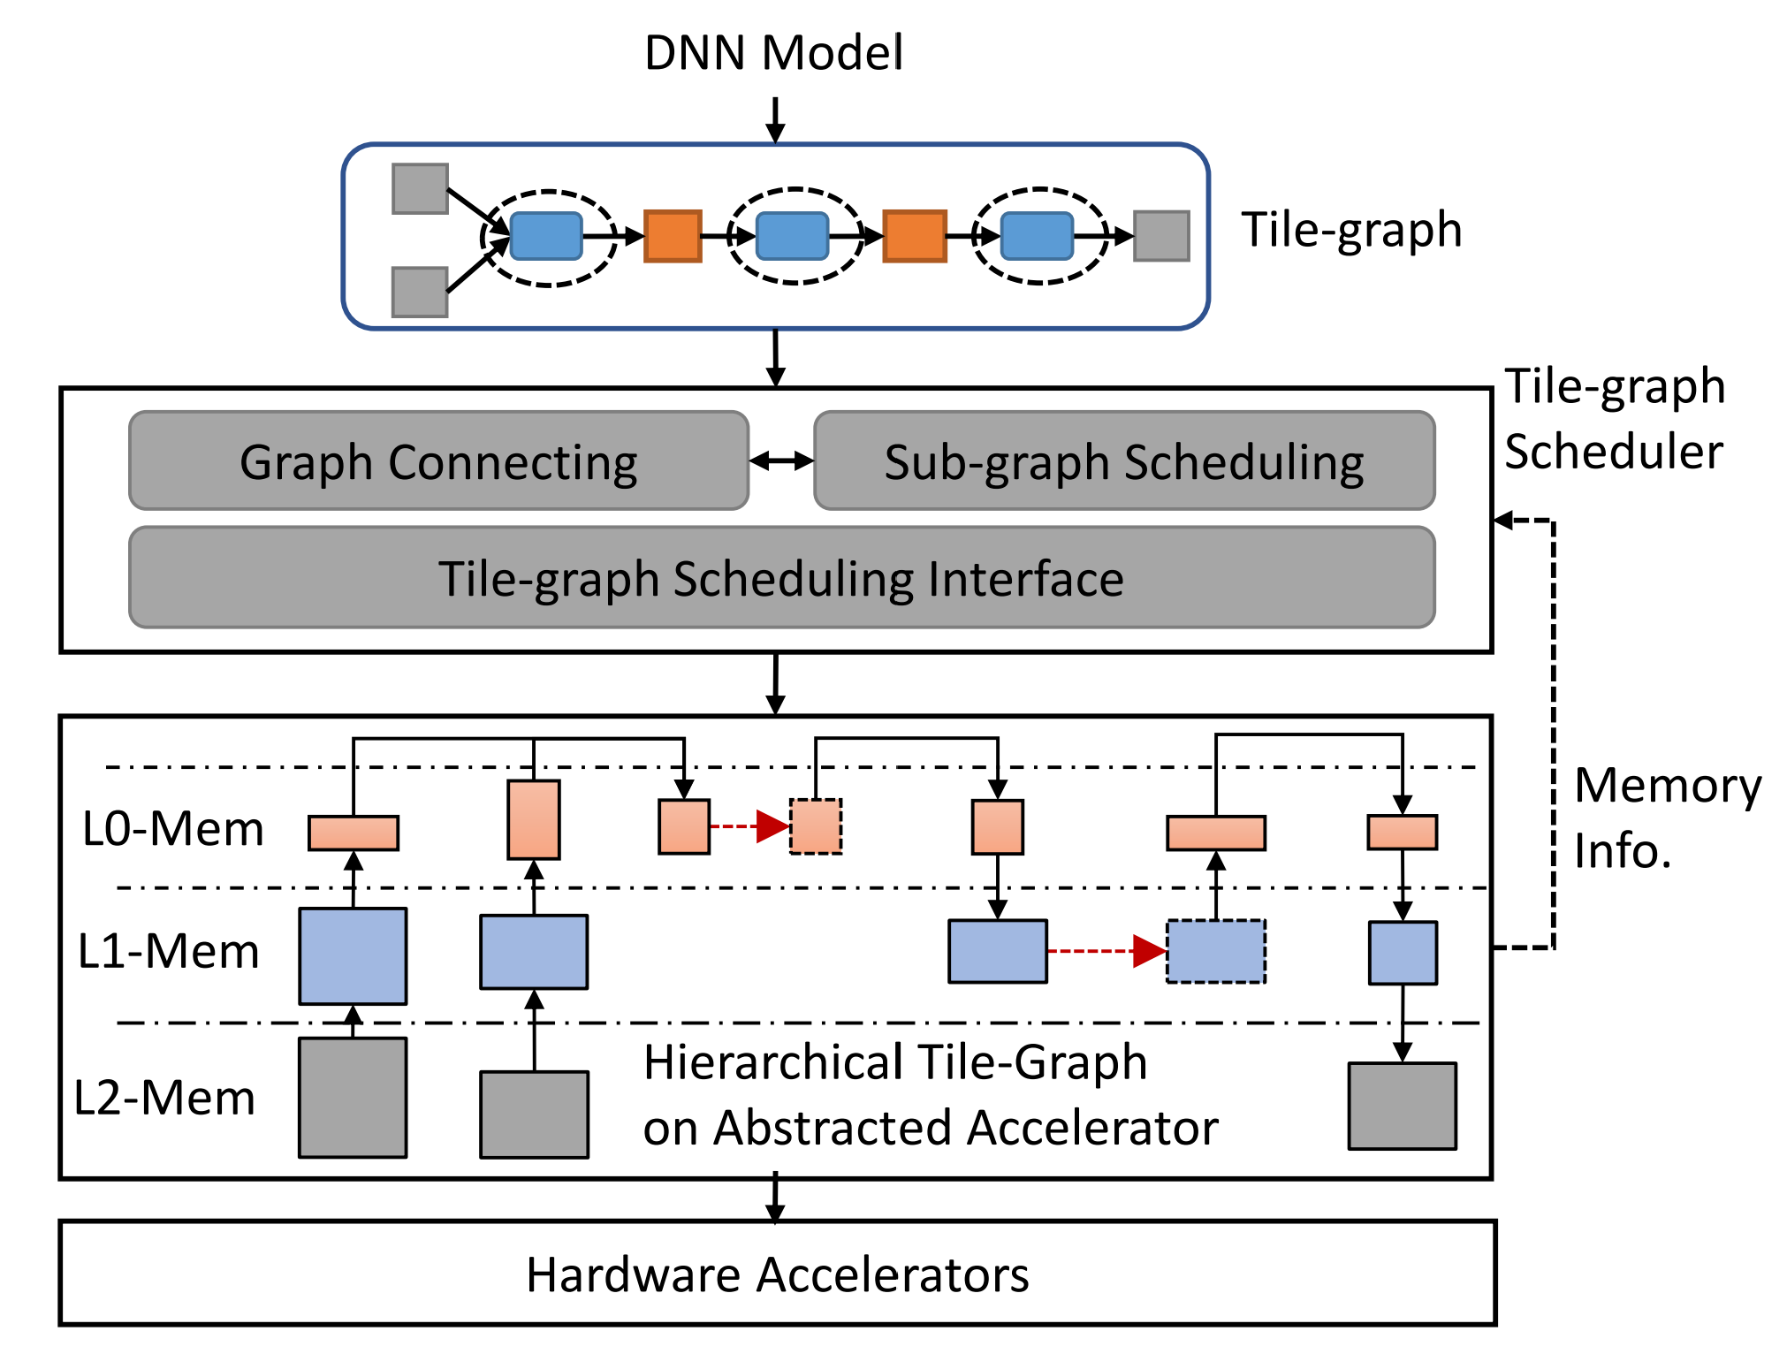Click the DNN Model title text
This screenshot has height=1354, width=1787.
(773, 53)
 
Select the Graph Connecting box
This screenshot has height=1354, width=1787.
(438, 461)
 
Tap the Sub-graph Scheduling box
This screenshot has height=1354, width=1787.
(1123, 461)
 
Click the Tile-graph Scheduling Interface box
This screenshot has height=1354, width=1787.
(781, 579)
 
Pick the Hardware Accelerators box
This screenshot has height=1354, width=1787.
(777, 1274)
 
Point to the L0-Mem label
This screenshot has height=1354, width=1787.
(173, 829)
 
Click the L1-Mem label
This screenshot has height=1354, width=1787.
(169, 952)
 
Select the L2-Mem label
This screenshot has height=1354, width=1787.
(164, 1098)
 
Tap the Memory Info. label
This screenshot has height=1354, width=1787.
(1667, 818)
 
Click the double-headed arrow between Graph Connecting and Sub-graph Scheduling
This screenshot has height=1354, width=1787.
(781, 460)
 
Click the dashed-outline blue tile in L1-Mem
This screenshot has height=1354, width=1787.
(1216, 952)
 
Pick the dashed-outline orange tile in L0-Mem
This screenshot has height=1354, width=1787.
(816, 826)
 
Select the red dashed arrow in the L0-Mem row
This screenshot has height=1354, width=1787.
(749, 826)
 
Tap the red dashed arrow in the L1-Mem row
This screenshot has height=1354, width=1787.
(1106, 952)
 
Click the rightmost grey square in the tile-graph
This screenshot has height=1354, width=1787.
(1161, 236)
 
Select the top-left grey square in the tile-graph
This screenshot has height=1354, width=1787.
(420, 188)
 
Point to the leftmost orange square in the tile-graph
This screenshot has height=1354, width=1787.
(673, 236)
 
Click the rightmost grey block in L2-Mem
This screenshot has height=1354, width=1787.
(1402, 1106)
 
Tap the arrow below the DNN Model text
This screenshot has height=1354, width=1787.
(775, 119)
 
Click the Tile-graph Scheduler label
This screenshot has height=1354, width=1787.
(1614, 419)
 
